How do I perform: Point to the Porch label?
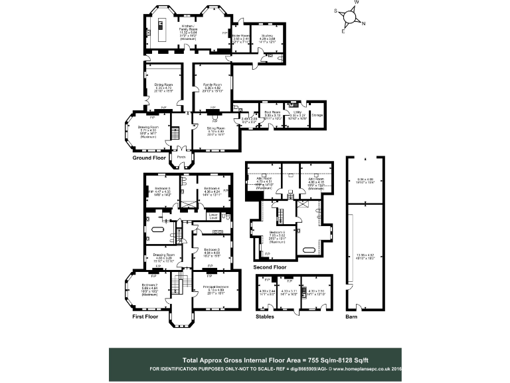180,158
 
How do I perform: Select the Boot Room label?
272,113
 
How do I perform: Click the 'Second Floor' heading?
270,267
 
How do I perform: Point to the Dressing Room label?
163,255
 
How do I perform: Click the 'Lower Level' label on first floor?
213,215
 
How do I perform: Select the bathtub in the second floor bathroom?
311,249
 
